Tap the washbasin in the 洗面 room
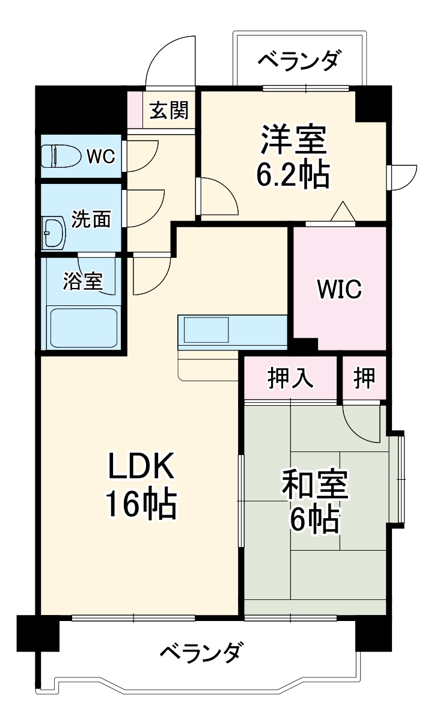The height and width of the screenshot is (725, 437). click(53, 233)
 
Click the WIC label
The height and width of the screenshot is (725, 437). click(340, 289)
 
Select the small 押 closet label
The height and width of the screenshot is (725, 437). click(364, 378)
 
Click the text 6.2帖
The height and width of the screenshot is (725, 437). click(293, 175)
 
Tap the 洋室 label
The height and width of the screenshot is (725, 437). click(293, 139)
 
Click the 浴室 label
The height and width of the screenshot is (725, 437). click(83, 281)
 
